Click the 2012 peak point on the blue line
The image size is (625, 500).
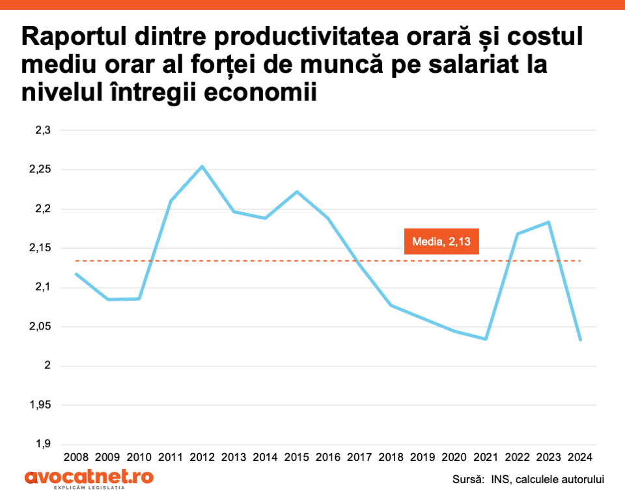pos(202,166)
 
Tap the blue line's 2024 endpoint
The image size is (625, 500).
pos(580,340)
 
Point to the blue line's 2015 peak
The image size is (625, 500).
pos(297,191)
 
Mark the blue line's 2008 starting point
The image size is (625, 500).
pos(76,274)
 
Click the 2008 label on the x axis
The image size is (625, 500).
pos(76,458)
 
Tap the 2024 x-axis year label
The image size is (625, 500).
pos(580,458)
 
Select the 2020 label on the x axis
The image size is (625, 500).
pos(454,458)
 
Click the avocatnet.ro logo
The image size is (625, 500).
pos(89,479)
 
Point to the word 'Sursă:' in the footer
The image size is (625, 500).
pos(469,480)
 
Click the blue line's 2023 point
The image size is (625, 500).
pos(549,222)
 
